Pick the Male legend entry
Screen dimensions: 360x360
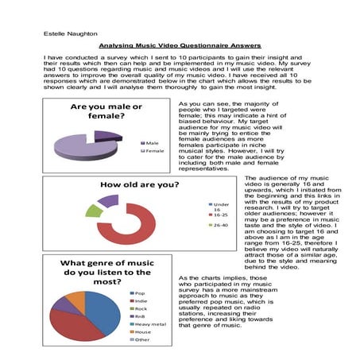pyautogui.click(x=151, y=142)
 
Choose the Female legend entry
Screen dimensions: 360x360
pyautogui.click(x=153, y=149)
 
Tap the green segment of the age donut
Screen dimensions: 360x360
pyautogui.click(x=94, y=211)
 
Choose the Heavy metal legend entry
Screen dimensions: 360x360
pyautogui.click(x=151, y=324)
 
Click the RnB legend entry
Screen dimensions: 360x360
pyautogui.click(x=141, y=315)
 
